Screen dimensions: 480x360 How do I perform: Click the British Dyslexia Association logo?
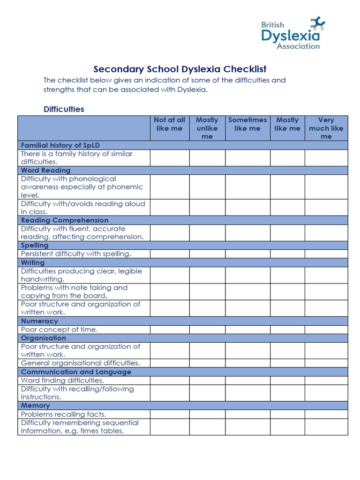click(x=292, y=33)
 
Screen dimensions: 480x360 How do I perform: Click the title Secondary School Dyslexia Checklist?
click(x=180, y=69)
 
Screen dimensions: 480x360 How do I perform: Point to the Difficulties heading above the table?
click(x=64, y=109)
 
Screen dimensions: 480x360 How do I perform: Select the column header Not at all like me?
click(x=169, y=124)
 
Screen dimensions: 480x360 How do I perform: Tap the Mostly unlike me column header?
click(x=207, y=128)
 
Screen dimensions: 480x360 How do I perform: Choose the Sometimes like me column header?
click(x=247, y=124)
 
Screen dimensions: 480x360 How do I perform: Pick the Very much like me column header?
click(x=326, y=128)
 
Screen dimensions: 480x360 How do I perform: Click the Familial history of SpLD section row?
click(x=60, y=145)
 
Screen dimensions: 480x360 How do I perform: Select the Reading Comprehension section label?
click(x=65, y=220)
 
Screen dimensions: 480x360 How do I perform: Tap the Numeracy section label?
click(x=39, y=321)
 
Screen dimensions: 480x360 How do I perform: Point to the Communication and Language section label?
click(x=76, y=372)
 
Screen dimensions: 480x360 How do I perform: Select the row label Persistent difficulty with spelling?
click(x=76, y=254)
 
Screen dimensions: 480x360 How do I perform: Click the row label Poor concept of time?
click(x=60, y=330)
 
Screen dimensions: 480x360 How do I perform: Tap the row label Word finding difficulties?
click(x=62, y=380)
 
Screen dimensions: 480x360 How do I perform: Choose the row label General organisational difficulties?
click(x=80, y=363)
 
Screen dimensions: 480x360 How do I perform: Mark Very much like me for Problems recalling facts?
click(x=326, y=414)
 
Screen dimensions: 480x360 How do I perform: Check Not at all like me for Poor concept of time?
click(x=169, y=330)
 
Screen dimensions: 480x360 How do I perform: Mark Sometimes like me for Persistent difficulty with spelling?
click(x=247, y=254)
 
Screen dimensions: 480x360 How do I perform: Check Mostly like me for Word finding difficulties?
click(x=287, y=380)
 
